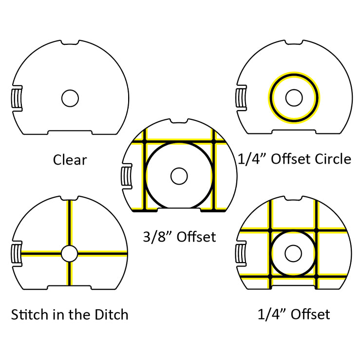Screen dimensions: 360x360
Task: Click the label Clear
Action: click(x=70, y=160)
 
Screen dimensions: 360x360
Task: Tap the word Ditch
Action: click(x=112, y=315)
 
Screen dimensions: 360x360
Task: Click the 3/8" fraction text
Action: click(x=157, y=237)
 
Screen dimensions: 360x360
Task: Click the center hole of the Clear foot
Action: click(x=70, y=98)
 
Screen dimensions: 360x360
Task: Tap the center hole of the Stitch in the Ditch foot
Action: click(x=69, y=253)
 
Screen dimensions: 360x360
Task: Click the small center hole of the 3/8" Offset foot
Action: click(x=179, y=176)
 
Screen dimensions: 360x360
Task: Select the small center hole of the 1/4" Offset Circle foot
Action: click(x=294, y=97)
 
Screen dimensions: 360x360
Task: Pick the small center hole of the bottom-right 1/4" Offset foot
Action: click(x=293, y=253)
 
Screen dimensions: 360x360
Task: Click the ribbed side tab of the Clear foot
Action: click(x=17, y=98)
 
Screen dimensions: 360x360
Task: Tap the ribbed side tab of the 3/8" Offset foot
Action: click(x=127, y=176)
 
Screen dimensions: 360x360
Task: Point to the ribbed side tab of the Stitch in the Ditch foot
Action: click(x=17, y=254)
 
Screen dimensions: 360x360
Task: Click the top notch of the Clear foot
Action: click(x=70, y=42)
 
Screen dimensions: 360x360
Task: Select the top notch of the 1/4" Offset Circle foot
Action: click(x=294, y=42)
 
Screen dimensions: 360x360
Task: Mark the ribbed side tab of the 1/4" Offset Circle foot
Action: click(x=241, y=98)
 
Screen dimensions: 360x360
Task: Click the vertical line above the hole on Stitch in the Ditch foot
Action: click(x=69, y=223)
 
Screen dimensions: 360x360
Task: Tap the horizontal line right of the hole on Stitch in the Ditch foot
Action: click(x=102, y=253)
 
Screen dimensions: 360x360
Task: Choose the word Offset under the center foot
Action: click(x=196, y=237)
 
